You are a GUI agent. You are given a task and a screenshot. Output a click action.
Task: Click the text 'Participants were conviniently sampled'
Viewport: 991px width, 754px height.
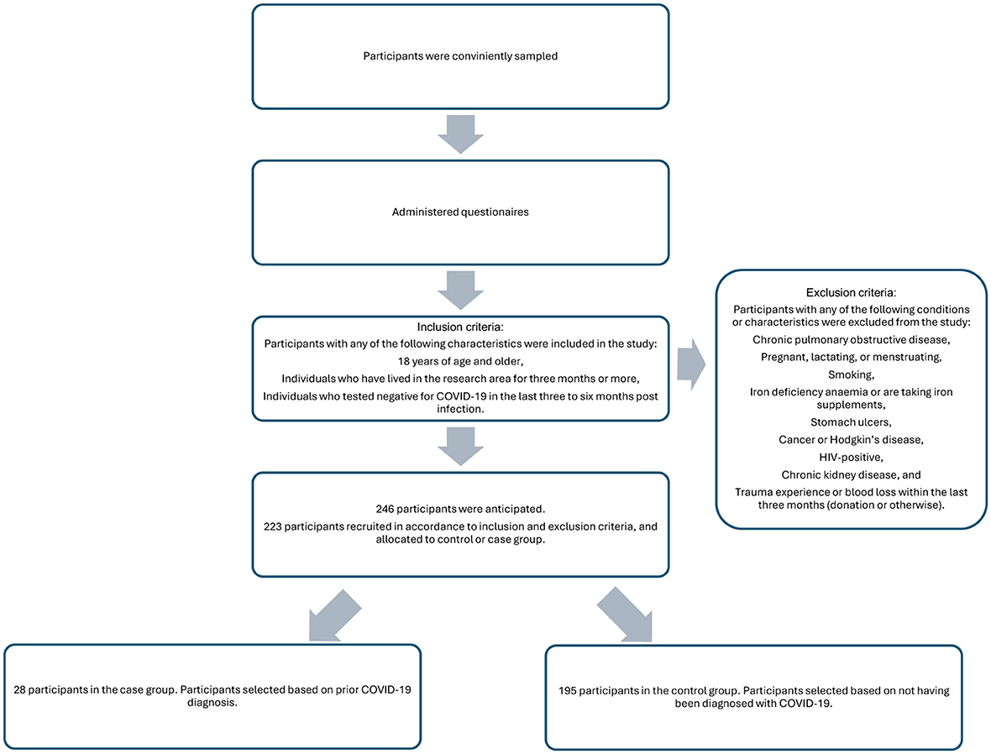tap(460, 56)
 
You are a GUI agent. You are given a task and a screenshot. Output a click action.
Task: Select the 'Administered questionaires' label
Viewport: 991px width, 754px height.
tap(460, 212)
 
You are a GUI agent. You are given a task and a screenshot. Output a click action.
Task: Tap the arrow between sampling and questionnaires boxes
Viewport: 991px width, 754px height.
tap(461, 133)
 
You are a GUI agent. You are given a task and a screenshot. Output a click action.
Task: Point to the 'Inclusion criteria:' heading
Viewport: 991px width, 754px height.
tap(460, 327)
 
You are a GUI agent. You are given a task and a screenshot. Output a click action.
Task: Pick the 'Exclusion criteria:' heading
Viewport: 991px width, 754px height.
tap(851, 293)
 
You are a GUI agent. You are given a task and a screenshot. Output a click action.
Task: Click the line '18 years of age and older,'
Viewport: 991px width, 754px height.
tap(460, 361)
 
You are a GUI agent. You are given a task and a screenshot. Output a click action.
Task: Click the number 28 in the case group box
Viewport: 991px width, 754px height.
tap(22, 690)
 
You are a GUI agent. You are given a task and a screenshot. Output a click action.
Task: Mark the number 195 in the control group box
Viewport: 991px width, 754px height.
tap(569, 690)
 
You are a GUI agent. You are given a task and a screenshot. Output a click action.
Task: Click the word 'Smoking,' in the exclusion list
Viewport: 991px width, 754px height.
tap(851, 375)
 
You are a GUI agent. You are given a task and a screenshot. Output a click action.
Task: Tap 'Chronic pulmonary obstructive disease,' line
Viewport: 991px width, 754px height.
tap(851, 340)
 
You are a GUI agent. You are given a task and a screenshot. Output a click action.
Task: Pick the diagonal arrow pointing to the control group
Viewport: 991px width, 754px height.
tap(625, 615)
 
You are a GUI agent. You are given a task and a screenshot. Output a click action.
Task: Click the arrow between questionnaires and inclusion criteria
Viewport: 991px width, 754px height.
tap(461, 291)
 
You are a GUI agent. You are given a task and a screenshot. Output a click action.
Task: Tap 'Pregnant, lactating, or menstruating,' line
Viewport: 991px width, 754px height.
tap(851, 358)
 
